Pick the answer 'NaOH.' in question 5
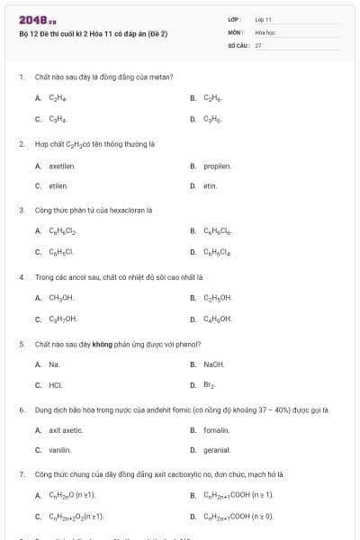tap(213, 364)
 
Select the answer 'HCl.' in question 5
tap(55, 384)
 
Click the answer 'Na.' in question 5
tap(54, 364)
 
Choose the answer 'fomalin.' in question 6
tap(217, 430)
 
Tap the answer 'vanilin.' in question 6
tap(60, 450)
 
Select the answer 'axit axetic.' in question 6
tap(66, 430)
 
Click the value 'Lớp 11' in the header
tap(264, 19)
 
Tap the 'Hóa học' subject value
tap(265, 31)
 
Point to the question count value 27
tap(258, 44)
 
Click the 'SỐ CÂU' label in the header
tap(239, 44)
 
